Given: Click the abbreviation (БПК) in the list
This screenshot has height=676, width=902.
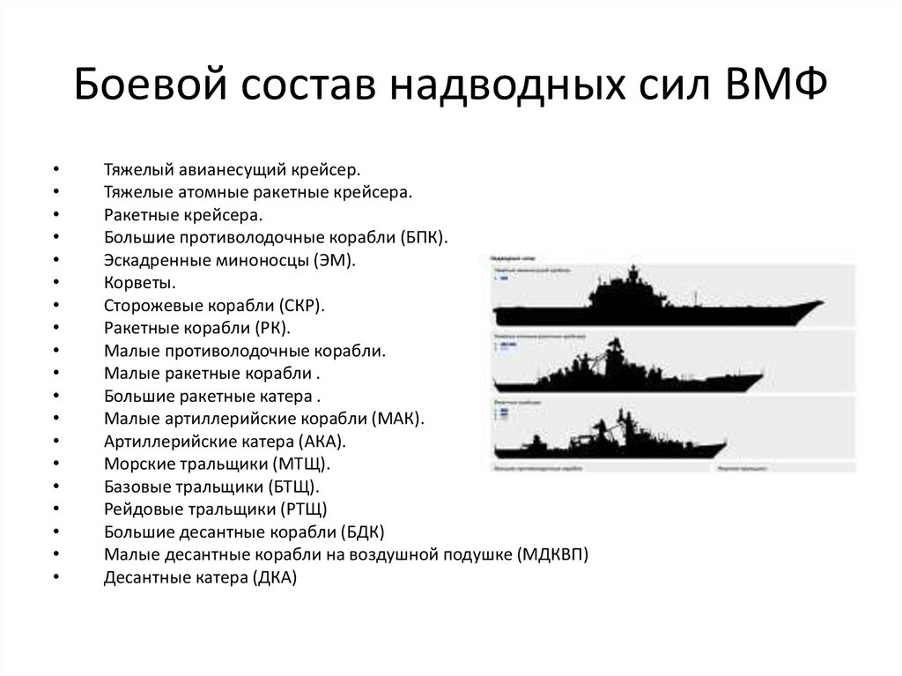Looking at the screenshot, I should pyautogui.click(x=424, y=237).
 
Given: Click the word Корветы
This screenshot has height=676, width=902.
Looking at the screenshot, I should pyautogui.click(x=139, y=283).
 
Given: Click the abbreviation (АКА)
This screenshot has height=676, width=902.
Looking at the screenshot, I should pyautogui.click(x=321, y=442).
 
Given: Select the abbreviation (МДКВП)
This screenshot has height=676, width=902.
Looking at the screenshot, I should pyautogui.click(x=552, y=555).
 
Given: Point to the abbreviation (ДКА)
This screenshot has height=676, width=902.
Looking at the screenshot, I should pyautogui.click(x=275, y=578).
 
